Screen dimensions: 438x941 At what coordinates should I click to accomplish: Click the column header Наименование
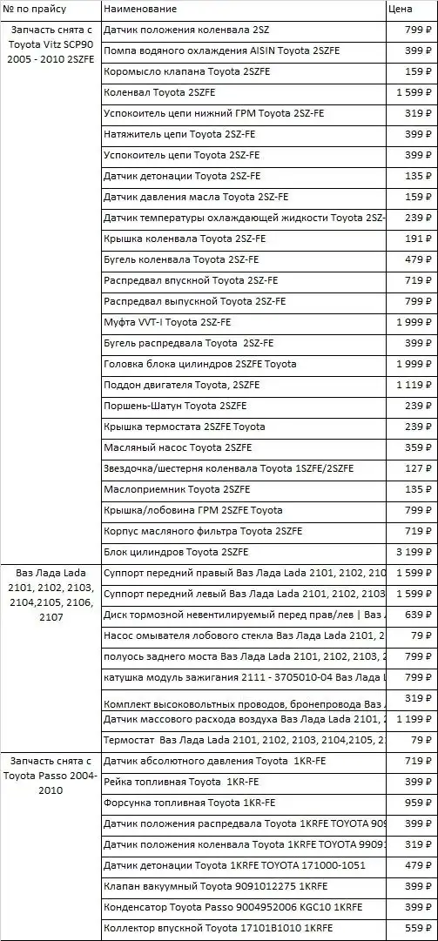click(140, 9)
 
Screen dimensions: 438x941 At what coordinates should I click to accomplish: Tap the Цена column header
click(400, 9)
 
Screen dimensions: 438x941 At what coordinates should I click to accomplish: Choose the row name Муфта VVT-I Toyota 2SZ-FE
click(167, 322)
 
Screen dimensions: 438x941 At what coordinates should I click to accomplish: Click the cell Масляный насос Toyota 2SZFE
click(178, 447)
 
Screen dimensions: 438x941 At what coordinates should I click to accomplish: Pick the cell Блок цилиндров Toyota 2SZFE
click(176, 552)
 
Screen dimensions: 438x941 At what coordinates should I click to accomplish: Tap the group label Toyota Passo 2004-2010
click(51, 775)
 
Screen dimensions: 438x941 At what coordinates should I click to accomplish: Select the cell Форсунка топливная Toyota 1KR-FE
click(184, 803)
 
